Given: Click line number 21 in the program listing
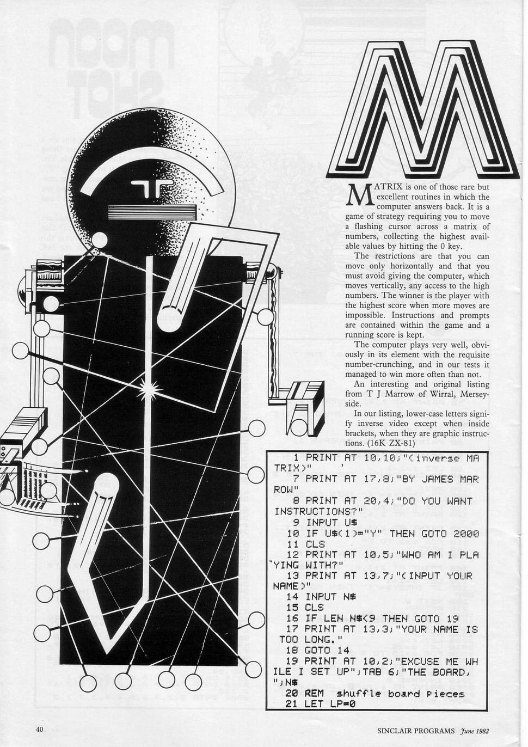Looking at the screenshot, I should click(x=291, y=705).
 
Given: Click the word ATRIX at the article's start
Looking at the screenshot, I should click(x=388, y=187).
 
